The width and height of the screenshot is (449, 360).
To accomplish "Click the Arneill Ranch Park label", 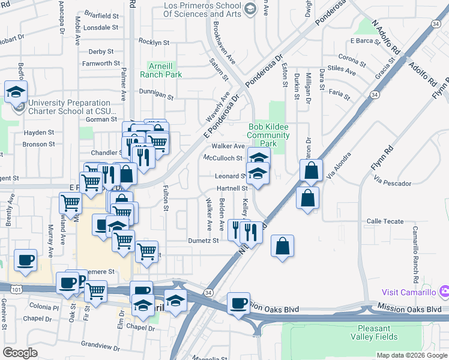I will click(161, 70).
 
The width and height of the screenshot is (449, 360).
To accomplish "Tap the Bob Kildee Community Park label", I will click(268, 135).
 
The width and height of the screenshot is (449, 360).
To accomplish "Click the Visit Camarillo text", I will click(409, 292).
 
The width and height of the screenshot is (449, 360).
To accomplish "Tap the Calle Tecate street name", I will click(385, 221).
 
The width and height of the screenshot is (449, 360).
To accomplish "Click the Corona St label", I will click(352, 59).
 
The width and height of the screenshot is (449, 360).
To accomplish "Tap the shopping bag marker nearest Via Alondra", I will click(312, 171).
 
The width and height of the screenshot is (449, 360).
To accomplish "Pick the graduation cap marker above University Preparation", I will click(15, 92).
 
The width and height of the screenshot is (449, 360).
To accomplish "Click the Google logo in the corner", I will click(20, 353).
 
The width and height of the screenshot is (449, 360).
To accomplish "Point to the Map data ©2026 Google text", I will click(411, 355).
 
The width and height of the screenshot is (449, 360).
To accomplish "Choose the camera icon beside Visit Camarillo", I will click(444, 292).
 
